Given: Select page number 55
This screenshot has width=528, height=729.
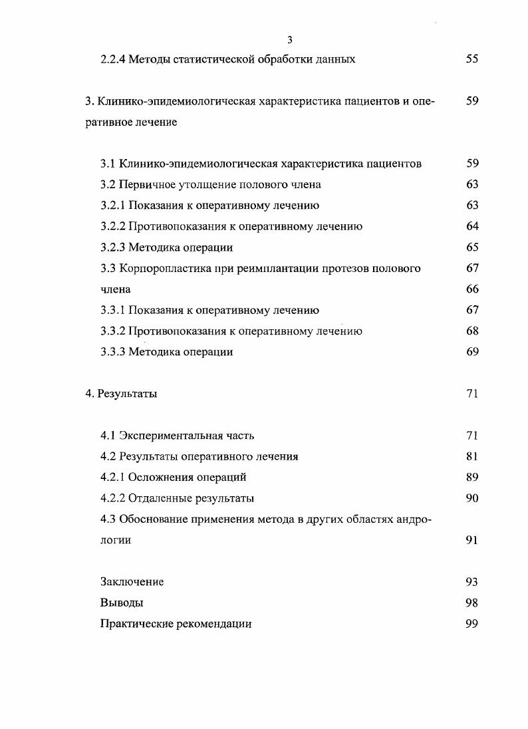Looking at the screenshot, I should point(472,60).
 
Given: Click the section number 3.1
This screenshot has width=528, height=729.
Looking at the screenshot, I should point(108,164).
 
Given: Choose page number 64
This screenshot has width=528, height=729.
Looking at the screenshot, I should point(472,227).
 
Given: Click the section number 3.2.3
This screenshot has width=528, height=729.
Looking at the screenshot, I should point(112,247).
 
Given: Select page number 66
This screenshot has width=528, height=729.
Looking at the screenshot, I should point(472,289).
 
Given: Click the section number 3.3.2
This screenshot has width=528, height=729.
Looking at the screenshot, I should point(112,331).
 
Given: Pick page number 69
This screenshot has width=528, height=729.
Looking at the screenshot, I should point(472,353).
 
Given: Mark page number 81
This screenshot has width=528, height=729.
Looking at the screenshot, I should point(472,457).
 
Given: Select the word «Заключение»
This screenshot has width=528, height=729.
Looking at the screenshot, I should point(132,582).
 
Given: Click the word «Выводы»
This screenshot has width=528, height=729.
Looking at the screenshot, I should point(122,603).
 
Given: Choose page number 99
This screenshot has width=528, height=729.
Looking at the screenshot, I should point(472,624).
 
